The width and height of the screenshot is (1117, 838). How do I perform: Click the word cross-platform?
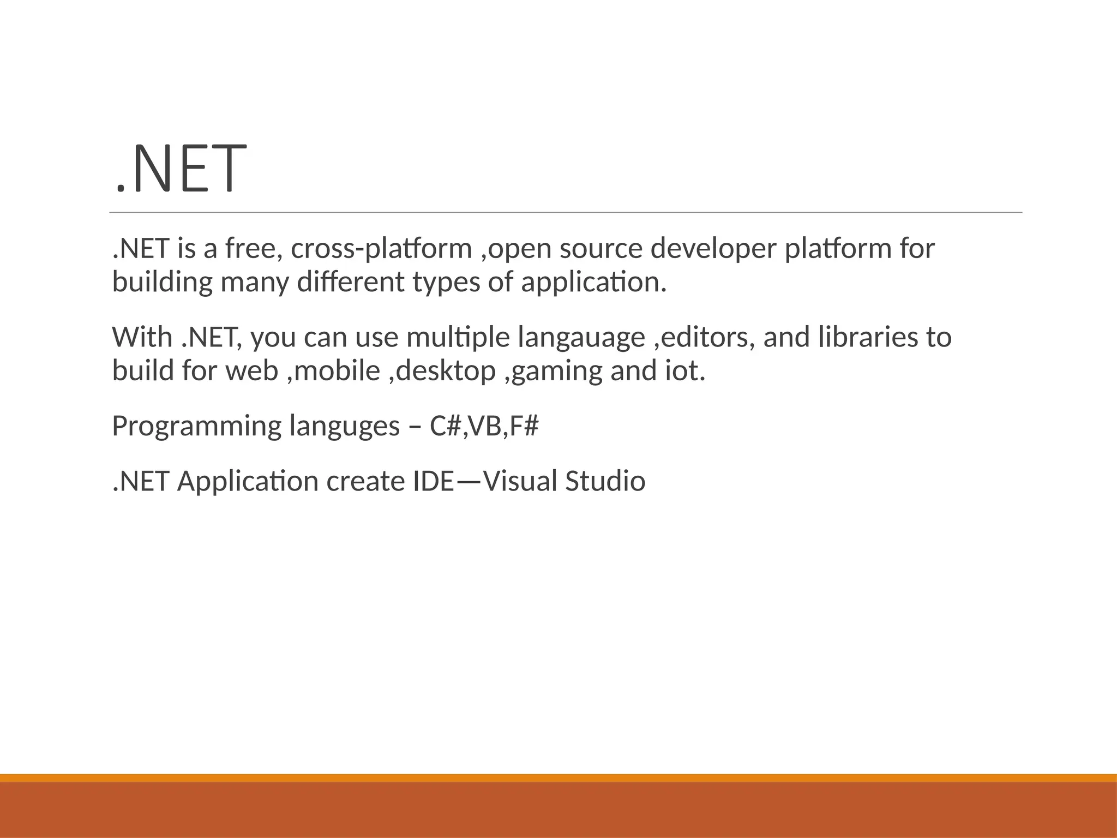pyautogui.click(x=381, y=248)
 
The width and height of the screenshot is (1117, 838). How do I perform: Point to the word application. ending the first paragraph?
pyautogui.click(x=594, y=283)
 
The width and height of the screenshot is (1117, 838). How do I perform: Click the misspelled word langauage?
pyautogui.click(x=581, y=337)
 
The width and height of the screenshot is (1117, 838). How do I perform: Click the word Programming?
pyautogui.click(x=196, y=427)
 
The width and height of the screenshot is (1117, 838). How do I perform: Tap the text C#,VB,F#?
pyautogui.click(x=484, y=426)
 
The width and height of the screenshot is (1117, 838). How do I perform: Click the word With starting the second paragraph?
pyautogui.click(x=142, y=337)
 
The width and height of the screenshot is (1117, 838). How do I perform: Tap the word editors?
pyautogui.click(x=707, y=337)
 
